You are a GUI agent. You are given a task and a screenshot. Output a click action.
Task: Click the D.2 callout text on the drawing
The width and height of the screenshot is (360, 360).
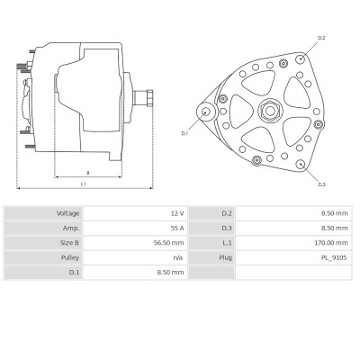321,38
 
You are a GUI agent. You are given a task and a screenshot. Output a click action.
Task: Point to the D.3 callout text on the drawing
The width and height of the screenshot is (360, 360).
321,184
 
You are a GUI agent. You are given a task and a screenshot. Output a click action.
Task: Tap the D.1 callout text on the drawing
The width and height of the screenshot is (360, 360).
184,132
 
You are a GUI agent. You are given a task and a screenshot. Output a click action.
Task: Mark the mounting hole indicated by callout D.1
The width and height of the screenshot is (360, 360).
207,112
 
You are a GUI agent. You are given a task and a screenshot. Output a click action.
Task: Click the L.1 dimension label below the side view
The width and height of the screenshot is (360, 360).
83,184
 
